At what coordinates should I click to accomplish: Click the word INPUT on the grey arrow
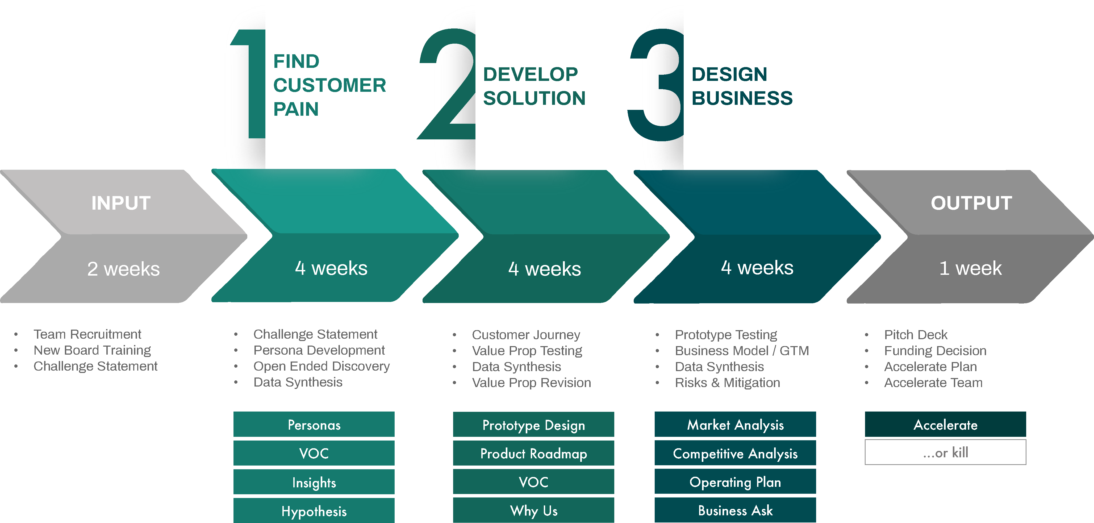pyautogui.click(x=121, y=203)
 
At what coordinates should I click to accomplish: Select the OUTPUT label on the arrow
pyautogui.click(x=971, y=203)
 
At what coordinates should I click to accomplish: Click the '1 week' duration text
pyautogui.click(x=970, y=268)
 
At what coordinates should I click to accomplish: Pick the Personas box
pyautogui.click(x=314, y=424)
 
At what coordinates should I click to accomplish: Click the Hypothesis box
pyautogui.click(x=314, y=511)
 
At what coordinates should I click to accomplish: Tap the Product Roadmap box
pyautogui.click(x=533, y=453)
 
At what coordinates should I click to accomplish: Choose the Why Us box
pyautogui.click(x=533, y=510)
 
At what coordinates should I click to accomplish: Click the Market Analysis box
pyautogui.click(x=735, y=424)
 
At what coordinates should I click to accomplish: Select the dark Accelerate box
pyautogui.click(x=945, y=424)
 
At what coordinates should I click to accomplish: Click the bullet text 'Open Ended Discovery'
pyautogui.click(x=321, y=366)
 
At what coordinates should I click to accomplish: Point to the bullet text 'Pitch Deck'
pyautogui.click(x=916, y=335)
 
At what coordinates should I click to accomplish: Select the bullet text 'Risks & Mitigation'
pyautogui.click(x=728, y=383)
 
